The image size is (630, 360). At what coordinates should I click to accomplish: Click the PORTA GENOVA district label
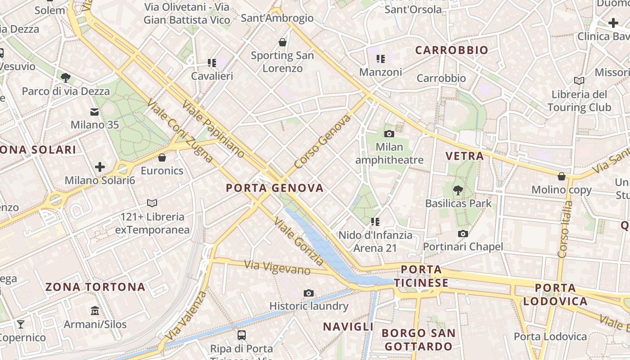pos(274,188)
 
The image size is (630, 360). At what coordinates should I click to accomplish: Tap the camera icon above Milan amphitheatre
pos(389,134)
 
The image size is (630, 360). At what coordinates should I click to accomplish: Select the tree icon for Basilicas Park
pos(458,190)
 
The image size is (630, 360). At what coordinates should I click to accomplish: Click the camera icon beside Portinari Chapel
pos(463,234)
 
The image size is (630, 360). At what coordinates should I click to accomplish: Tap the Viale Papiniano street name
pos(213,129)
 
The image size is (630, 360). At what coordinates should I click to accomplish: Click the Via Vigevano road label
pos(277,267)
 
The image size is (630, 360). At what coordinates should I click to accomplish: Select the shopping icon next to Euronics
pos(162,157)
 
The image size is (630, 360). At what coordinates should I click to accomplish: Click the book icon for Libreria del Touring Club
pos(579,81)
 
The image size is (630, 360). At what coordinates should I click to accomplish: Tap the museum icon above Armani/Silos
pos(95,310)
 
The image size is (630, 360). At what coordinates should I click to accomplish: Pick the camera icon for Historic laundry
pos(308,293)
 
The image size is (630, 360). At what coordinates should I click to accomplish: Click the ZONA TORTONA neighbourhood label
pos(95,287)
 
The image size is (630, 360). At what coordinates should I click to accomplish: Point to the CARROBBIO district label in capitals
pos(451,50)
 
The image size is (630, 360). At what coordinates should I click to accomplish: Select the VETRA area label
pos(464,156)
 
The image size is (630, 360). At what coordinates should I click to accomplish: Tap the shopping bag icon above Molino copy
pos(561,176)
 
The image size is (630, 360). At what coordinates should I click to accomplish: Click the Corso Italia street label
pos(566,229)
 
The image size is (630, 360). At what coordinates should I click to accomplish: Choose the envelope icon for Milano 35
pos(94,112)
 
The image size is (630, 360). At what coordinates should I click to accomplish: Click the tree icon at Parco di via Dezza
pos(66,77)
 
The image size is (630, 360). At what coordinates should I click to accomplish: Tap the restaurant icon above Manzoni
pos(381,58)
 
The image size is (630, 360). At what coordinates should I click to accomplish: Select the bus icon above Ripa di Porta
pos(242,335)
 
